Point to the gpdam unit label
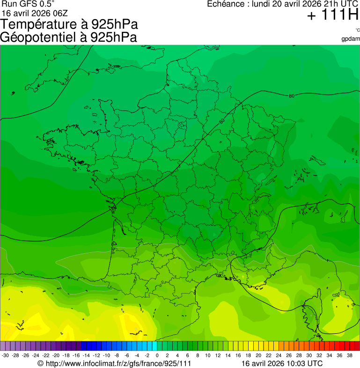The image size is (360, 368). [x=351, y=38]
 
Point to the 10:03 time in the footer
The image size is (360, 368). [x=297, y=363]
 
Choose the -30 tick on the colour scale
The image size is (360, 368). [x=5, y=355]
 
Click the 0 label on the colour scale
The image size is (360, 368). [x=157, y=355]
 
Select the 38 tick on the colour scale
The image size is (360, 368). [x=350, y=355]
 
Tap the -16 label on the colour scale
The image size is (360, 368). [x=76, y=355]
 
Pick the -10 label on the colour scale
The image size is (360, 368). [x=107, y=355]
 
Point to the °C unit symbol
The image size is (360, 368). [x=357, y=30]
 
